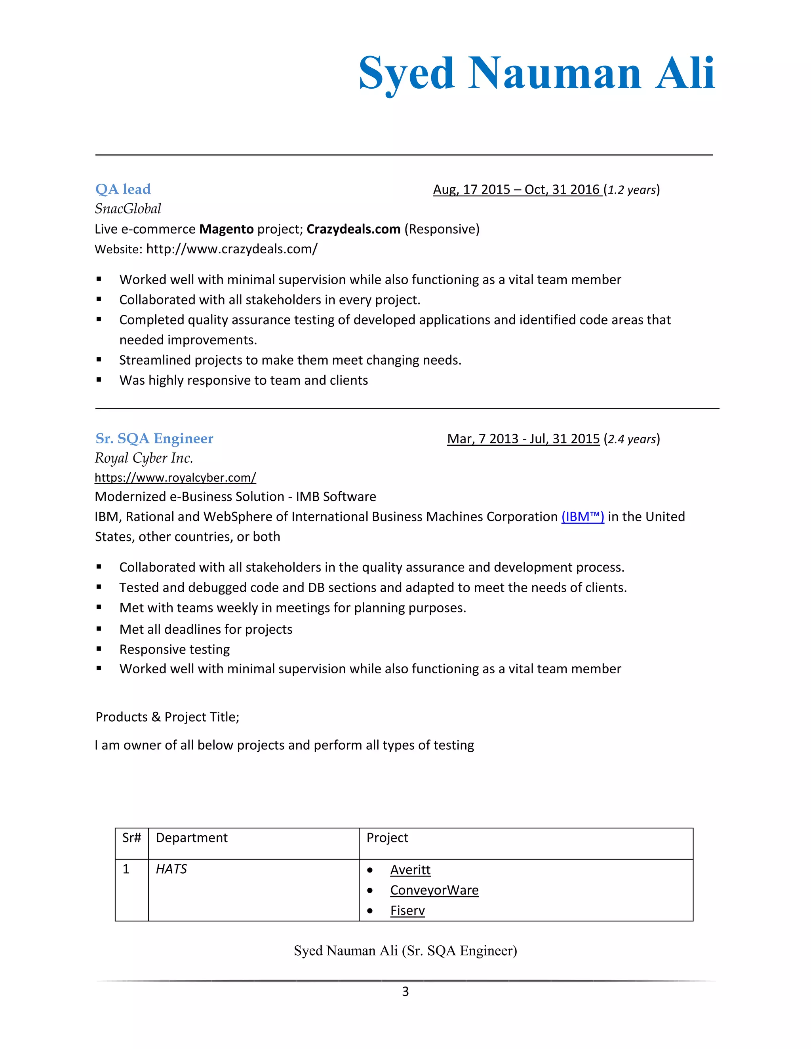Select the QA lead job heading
pos(123,189)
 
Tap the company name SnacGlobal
pos(128,209)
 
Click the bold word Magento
pos(226,229)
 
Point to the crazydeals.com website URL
pos(232,249)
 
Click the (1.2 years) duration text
pos(631,190)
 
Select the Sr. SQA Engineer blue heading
pos(154,439)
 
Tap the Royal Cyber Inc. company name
pos(144,458)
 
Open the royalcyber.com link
pos(175,477)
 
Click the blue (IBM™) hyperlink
pos(582,517)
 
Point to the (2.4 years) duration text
pos(631,439)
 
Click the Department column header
pos(192,838)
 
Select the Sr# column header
pos(131,838)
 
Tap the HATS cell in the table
pos(171,869)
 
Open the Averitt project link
pos(410,870)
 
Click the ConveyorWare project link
pos(434,890)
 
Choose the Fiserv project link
pos(407,911)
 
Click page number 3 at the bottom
pos(405,991)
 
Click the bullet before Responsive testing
pos(99,649)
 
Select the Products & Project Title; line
pos(167,717)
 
